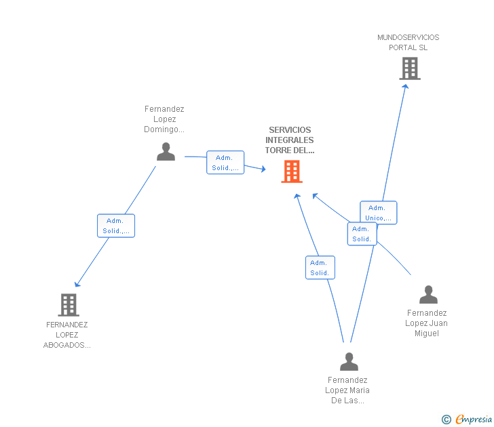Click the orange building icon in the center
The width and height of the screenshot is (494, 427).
291,171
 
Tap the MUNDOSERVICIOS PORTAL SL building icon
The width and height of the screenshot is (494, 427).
409,68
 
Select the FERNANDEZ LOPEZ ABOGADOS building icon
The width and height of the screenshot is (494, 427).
69,305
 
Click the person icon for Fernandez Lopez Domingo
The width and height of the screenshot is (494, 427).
166,152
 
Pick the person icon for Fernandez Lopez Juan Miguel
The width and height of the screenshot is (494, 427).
428,295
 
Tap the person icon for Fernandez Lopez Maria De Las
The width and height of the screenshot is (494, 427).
349,362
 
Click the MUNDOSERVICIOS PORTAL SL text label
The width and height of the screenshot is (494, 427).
408,43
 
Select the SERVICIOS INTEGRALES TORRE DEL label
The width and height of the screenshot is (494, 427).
290,140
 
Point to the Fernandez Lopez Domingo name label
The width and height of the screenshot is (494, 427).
164,119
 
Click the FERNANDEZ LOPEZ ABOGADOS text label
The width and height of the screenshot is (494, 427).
67,335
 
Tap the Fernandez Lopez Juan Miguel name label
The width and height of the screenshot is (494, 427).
427,323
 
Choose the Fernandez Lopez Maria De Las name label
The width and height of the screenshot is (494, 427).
347,390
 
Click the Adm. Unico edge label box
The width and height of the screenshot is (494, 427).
379,213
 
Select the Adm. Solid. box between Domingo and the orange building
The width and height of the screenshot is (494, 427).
225,163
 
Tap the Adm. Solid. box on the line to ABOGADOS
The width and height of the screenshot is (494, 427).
116,226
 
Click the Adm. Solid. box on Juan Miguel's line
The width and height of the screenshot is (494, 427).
362,234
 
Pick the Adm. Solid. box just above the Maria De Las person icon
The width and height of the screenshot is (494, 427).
320,268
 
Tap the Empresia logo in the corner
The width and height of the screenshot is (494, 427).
468,420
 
